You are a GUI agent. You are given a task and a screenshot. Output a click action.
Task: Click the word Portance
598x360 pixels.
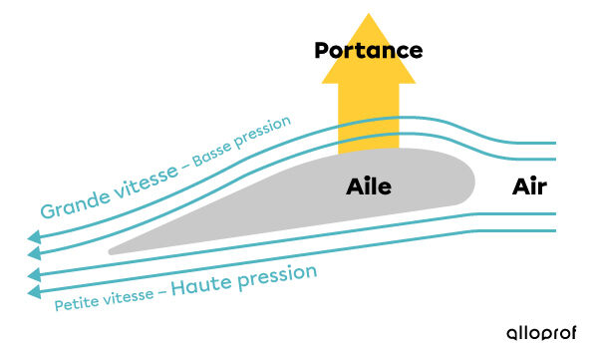coord(369,50)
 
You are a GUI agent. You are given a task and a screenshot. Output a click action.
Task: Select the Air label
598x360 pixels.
coord(529,186)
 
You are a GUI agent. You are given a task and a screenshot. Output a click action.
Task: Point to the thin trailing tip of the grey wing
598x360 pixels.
coord(113,250)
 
